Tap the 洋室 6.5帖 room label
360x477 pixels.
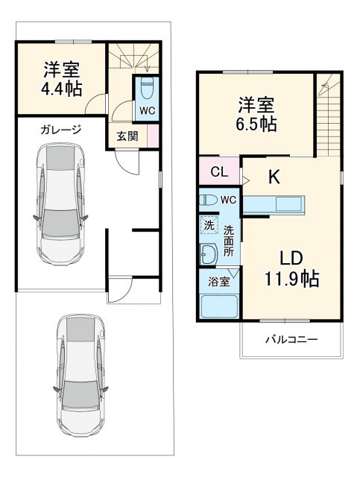tap(258, 114)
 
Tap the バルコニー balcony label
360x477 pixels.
tap(292, 340)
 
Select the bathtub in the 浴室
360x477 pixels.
tap(218, 306)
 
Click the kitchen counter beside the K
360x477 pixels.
tap(274, 203)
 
